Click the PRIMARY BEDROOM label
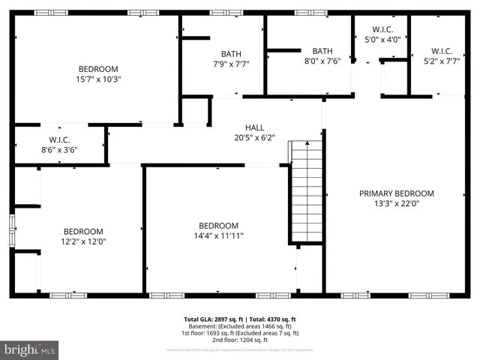tap(396, 193)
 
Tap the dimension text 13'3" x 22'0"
tap(396, 203)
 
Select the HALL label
tap(254, 127)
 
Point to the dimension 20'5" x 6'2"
tap(254, 138)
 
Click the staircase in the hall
tap(306, 191)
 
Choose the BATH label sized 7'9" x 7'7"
tap(231, 53)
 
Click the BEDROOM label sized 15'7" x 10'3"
tap(98, 68)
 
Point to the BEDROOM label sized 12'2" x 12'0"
tap(83, 231)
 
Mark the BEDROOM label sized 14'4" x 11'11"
tap(218, 226)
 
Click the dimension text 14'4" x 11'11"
tap(218, 236)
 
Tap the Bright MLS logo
tap(30, 349)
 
